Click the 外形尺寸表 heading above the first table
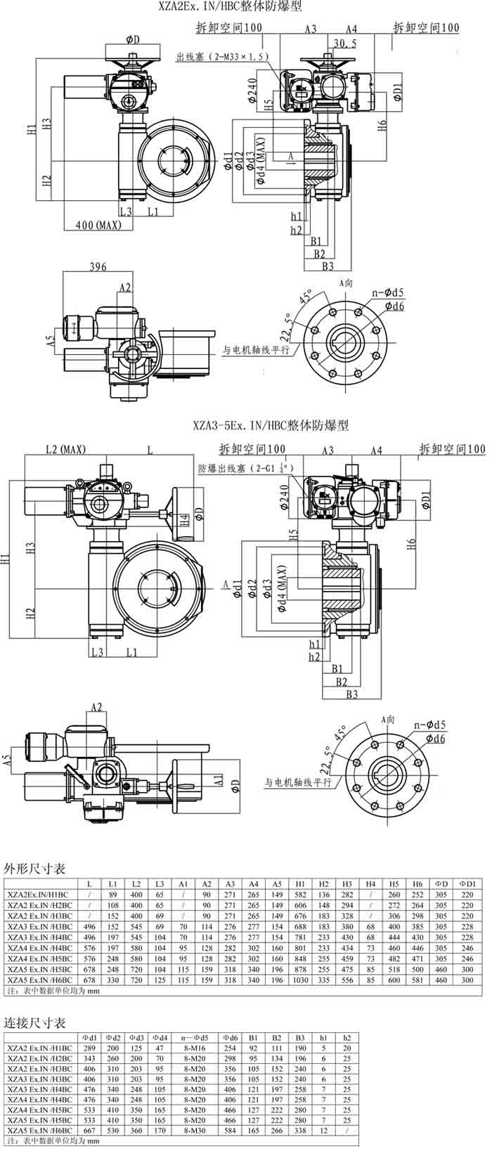click(x=35, y=869)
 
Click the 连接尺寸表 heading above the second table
click(x=35, y=1022)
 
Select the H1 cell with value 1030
click(x=300, y=980)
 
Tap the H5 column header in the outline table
click(x=394, y=883)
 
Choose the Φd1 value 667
click(x=89, y=1131)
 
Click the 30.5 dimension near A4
click(x=344, y=43)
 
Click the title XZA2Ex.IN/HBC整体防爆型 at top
click(x=231, y=6)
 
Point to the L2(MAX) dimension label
click(x=65, y=449)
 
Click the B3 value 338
click(x=301, y=1131)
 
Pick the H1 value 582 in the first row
click(x=300, y=894)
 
